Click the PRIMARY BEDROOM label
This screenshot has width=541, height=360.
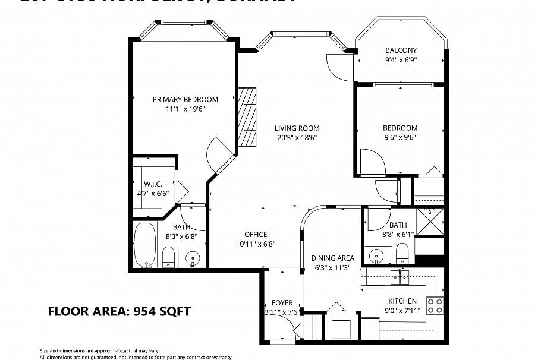pyautogui.click(x=185, y=100)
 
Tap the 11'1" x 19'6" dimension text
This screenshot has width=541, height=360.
pyautogui.click(x=185, y=109)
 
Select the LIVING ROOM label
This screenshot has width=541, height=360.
pyautogui.click(x=297, y=128)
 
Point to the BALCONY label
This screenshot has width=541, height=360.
pyautogui.click(x=401, y=50)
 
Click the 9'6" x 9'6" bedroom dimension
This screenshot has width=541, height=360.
pyautogui.click(x=400, y=137)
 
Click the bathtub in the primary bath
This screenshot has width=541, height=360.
pyautogui.click(x=144, y=244)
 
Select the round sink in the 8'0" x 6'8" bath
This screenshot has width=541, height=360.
pyautogui.click(x=193, y=258)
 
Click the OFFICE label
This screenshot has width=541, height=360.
pyautogui.click(x=256, y=234)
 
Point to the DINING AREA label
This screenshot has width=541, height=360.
pyautogui.click(x=332, y=258)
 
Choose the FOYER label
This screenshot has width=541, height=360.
pyautogui.click(x=282, y=302)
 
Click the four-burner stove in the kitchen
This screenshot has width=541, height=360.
pyautogui.click(x=436, y=305)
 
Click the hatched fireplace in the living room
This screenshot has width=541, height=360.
pyautogui.click(x=247, y=117)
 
